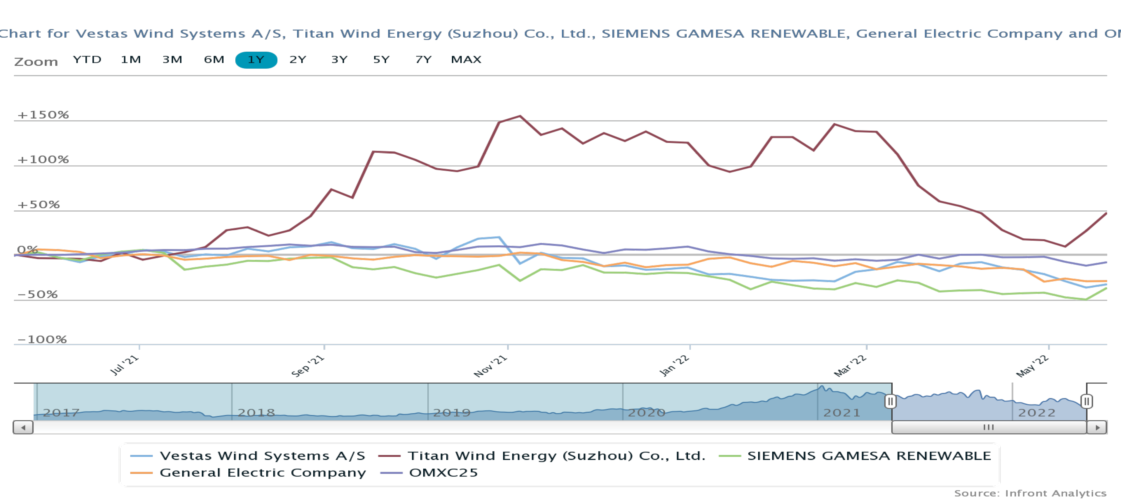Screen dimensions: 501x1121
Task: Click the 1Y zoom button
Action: coord(256,60)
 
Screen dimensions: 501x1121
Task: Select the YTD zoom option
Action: coord(87,60)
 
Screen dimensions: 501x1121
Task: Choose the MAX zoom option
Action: coord(466,60)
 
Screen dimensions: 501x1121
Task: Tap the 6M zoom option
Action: coord(214,60)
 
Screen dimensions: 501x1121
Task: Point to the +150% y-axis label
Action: coord(43,115)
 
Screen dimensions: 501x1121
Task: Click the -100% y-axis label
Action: coord(42,339)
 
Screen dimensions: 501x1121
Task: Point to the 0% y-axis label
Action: coord(27,250)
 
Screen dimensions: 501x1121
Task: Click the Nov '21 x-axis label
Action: coord(490,366)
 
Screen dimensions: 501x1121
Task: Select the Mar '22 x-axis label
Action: coord(850,366)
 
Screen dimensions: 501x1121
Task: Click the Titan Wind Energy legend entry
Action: coord(556,456)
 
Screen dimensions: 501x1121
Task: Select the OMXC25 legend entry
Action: coord(443,473)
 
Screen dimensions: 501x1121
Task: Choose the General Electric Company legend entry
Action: coord(262,473)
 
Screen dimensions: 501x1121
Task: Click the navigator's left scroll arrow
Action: coord(23,427)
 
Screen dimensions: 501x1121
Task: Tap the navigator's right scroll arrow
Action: coord(1097,427)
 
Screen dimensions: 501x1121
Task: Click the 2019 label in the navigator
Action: coord(451,413)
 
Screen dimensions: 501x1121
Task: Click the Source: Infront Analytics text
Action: coord(1030,493)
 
